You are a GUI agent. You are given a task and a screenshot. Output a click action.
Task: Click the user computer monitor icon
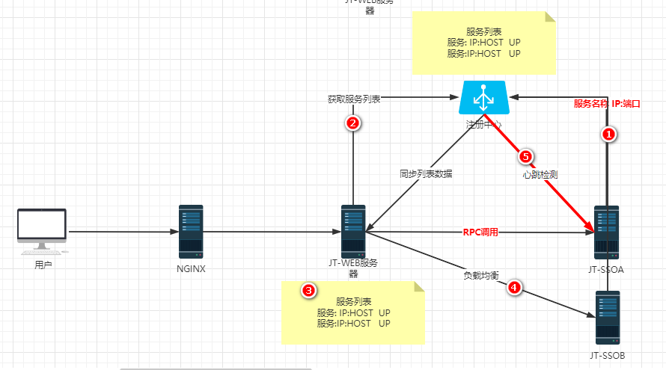42,229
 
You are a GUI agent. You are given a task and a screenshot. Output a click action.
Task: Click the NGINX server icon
191,232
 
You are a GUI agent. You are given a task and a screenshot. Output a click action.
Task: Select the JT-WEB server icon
353,232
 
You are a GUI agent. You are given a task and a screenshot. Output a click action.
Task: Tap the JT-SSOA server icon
607,232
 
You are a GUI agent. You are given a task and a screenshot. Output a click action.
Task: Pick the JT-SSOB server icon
608,318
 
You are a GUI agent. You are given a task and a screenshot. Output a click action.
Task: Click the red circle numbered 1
609,135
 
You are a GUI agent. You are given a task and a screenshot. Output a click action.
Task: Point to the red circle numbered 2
354,123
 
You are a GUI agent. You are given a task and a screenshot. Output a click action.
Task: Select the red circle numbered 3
307,290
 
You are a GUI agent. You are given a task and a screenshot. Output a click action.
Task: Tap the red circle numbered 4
513,286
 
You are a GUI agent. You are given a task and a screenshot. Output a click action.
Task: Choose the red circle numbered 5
525,156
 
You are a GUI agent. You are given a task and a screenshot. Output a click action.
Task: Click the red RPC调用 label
480,232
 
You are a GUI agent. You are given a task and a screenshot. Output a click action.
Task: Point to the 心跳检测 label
540,175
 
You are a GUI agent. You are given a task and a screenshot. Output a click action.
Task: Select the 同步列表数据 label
426,173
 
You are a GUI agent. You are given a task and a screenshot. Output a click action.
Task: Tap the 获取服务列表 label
354,99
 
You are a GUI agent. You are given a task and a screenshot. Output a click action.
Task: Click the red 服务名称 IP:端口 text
607,103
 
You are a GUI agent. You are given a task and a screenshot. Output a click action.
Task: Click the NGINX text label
191,268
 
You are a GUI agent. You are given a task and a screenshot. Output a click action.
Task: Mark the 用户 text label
43,265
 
